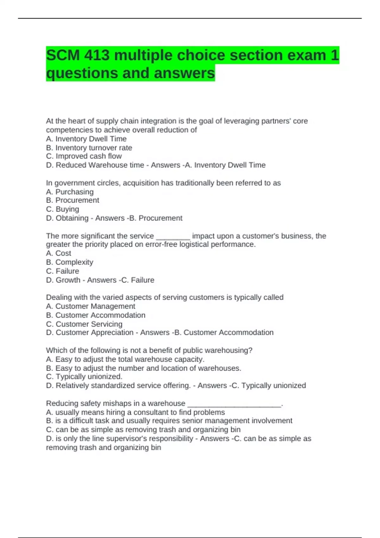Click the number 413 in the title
pyautogui.click(x=97, y=55)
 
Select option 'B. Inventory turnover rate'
pyautogui.click(x=89, y=148)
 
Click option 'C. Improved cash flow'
pyautogui.click(x=84, y=156)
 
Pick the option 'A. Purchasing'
pyautogui.click(x=70, y=192)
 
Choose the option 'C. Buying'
pyautogui.click(x=62, y=209)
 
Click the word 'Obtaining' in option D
pyautogui.click(x=72, y=218)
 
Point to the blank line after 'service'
pyautogui.click(x=173, y=236)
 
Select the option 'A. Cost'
pyautogui.click(x=59, y=253)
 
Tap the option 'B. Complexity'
pyautogui.click(x=70, y=262)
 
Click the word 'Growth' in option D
pyautogui.click(x=68, y=280)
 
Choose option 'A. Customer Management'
pyautogui.click(x=91, y=306)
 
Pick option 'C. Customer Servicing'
pyautogui.click(x=84, y=324)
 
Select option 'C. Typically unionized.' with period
pyautogui.click(x=84, y=377)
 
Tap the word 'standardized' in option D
pyautogui.click(x=112, y=385)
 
